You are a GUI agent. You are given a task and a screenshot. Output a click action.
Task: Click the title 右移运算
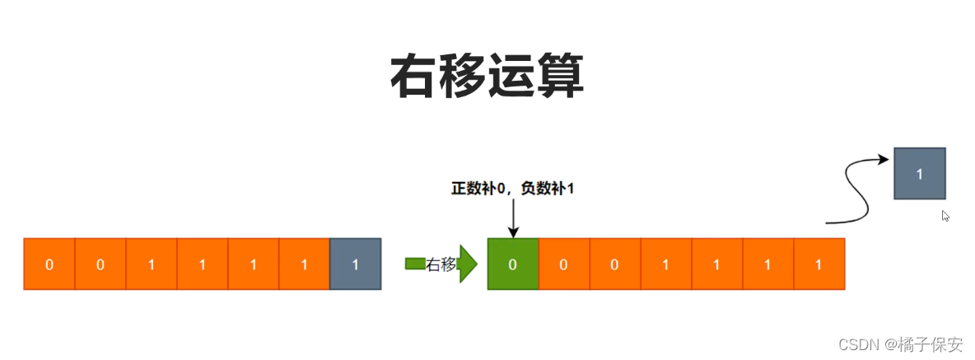click(487, 77)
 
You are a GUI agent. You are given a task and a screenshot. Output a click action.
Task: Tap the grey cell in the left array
click(355, 264)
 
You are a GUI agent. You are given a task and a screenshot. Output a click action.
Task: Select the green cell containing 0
click(512, 264)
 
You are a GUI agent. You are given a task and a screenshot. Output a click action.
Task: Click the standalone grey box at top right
click(919, 173)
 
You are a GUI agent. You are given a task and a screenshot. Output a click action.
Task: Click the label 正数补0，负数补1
click(512, 189)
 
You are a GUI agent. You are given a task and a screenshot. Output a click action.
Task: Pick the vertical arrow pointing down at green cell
click(512, 218)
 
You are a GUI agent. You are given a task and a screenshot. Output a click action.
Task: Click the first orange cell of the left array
click(49, 264)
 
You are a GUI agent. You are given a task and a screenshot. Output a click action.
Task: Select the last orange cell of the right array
click(819, 264)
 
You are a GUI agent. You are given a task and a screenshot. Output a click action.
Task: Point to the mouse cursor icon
click(946, 216)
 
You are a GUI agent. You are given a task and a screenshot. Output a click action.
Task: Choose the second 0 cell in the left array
click(100, 264)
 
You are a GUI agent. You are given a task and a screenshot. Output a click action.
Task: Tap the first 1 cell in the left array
click(152, 264)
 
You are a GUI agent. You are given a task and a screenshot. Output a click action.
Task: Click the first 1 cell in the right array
click(666, 264)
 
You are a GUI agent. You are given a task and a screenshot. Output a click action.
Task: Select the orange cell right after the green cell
click(564, 264)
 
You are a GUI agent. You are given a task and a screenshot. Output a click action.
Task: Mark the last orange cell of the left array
click(304, 264)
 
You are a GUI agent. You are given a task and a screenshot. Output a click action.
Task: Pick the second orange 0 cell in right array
click(615, 264)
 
